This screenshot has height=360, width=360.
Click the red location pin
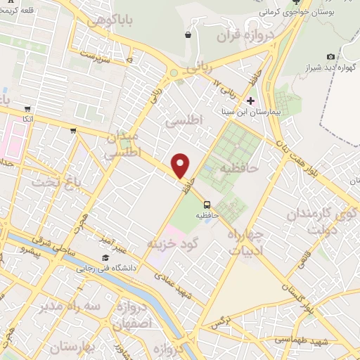(x=181, y=165)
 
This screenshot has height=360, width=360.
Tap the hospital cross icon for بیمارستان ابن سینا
(x=250, y=101)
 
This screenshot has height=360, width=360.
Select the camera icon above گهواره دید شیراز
(x=330, y=56)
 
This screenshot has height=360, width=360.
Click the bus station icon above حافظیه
(x=206, y=204)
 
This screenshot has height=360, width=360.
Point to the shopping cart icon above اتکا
(x=27, y=109)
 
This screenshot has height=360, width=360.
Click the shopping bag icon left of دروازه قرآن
(x=188, y=34)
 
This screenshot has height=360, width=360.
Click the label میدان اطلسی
(x=126, y=144)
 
